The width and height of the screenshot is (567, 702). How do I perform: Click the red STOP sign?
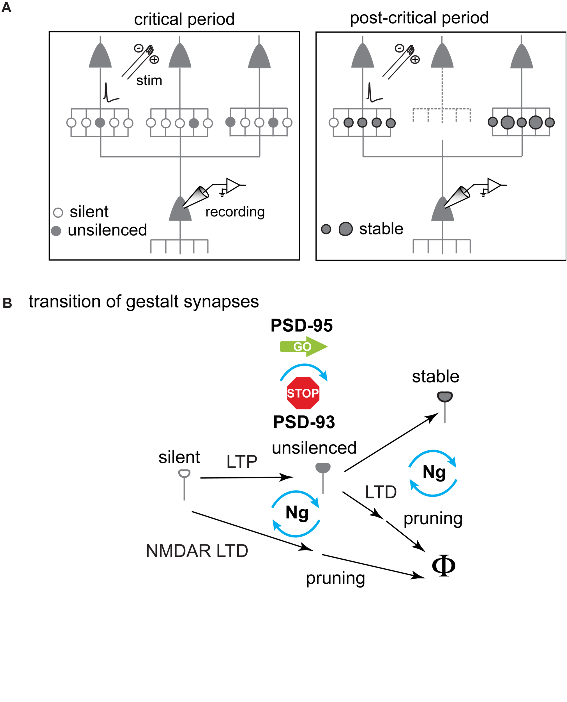pyautogui.click(x=303, y=393)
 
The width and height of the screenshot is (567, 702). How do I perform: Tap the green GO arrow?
pyautogui.click(x=303, y=346)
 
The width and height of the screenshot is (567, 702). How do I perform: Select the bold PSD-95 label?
pyautogui.click(x=301, y=325)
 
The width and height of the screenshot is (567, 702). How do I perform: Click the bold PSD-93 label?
pyautogui.click(x=304, y=422)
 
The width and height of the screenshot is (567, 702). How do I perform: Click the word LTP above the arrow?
pyautogui.click(x=242, y=462)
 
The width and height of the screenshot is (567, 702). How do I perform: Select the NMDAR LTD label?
pyautogui.click(x=197, y=551)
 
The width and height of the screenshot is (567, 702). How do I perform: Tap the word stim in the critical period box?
pyautogui.click(x=149, y=80)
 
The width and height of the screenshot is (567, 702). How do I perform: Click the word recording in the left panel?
pyautogui.click(x=235, y=212)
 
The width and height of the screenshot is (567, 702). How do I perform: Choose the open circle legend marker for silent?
pyautogui.click(x=58, y=213)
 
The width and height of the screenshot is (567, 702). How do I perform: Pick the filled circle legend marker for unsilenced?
pyautogui.click(x=56, y=231)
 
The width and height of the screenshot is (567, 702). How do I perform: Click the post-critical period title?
pyautogui.click(x=419, y=18)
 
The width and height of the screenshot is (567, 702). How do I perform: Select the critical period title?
pyautogui.click(x=184, y=19)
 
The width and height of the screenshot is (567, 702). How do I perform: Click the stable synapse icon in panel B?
pyautogui.click(x=444, y=397)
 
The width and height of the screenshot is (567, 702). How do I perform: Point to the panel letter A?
pyautogui.click(x=6, y=7)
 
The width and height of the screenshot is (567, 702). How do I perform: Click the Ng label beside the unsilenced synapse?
pyautogui.click(x=297, y=512)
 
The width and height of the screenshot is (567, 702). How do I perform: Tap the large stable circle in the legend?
pyautogui.click(x=345, y=229)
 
